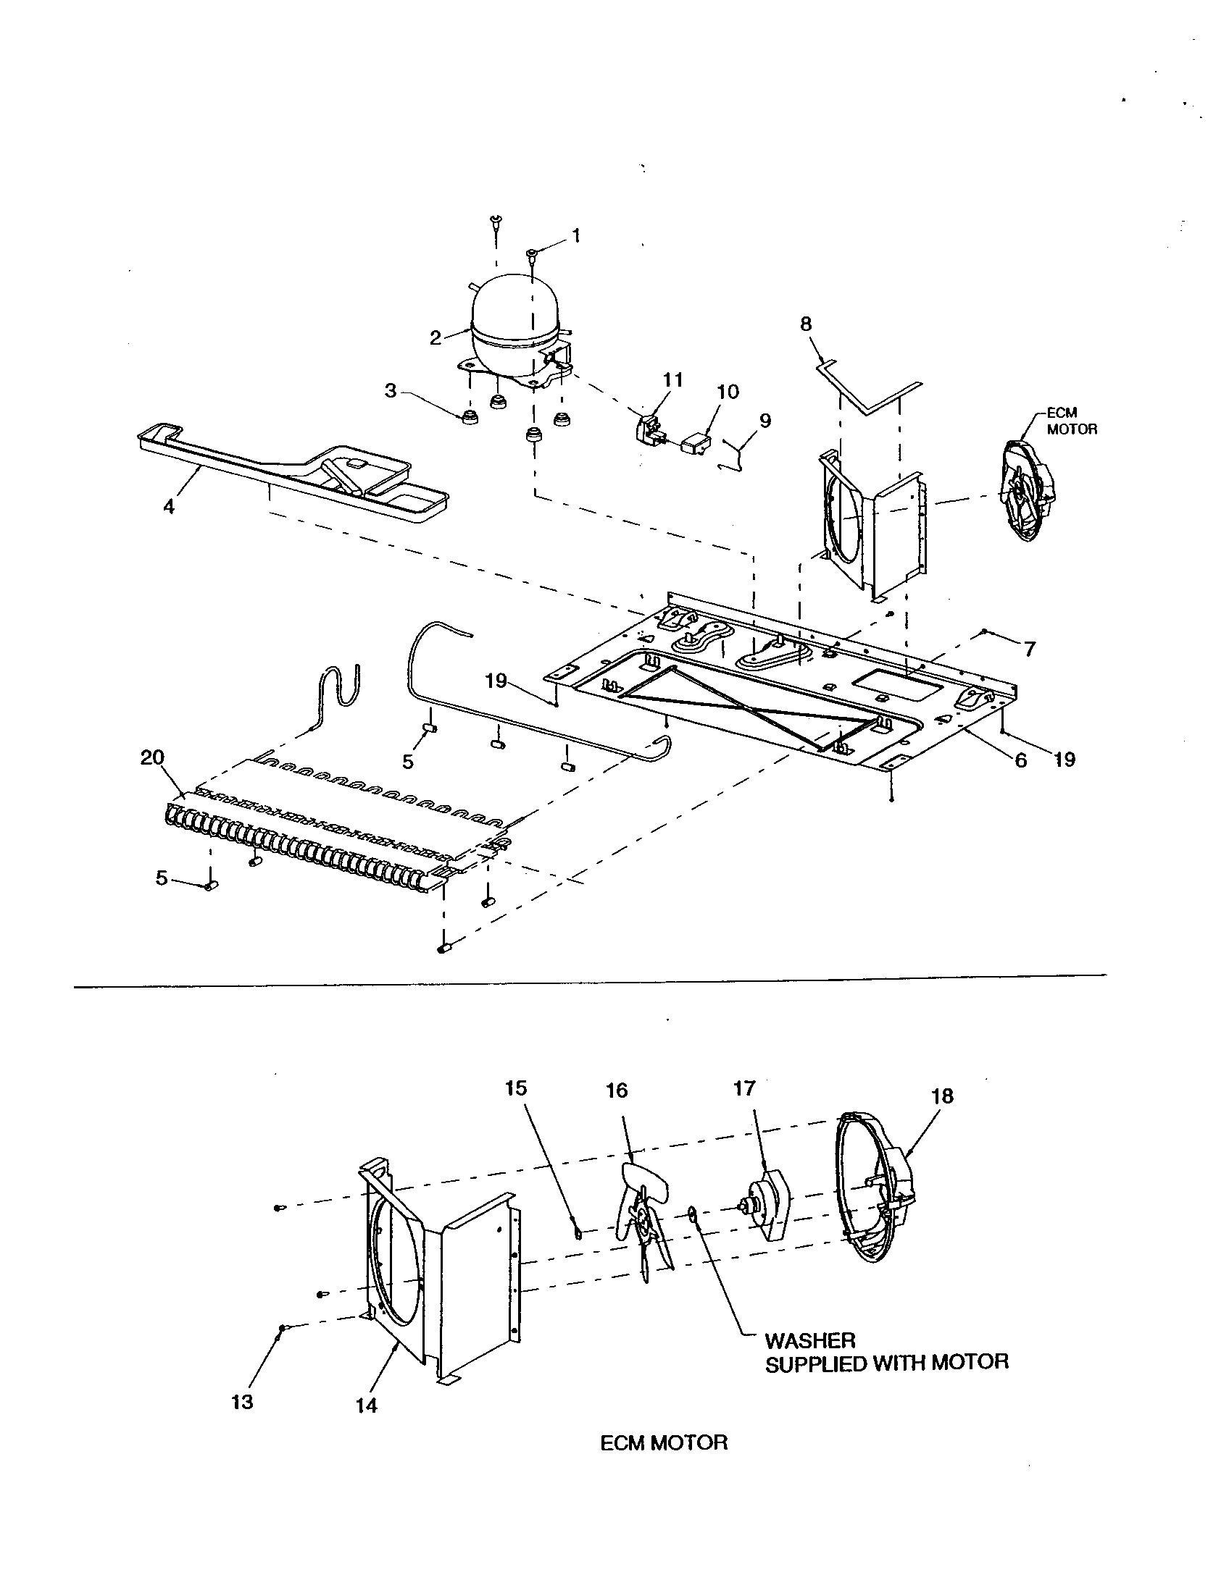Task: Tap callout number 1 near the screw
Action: pos(577,235)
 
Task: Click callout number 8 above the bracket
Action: pos(806,324)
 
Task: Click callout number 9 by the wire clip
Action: pos(765,421)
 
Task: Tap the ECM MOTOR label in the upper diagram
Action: pos(1070,421)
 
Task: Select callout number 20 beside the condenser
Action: pos(152,758)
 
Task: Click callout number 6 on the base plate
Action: pos(1020,760)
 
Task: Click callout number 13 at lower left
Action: pos(242,1402)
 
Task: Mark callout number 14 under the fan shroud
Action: pos(367,1405)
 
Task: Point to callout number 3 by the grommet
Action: pos(391,391)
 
